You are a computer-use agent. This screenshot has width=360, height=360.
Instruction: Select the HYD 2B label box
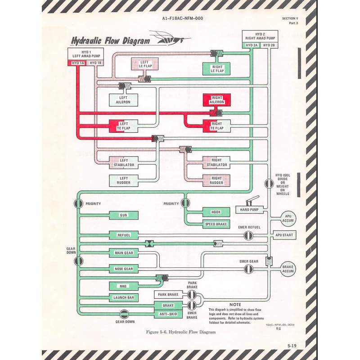click(x=269, y=45)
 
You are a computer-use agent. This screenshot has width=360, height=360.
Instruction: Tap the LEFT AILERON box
click(x=123, y=100)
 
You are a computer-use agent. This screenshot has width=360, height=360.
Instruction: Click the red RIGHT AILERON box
click(x=217, y=99)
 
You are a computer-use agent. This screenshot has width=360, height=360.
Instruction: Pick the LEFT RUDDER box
click(x=123, y=180)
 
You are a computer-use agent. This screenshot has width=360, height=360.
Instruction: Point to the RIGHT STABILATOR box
click(x=216, y=162)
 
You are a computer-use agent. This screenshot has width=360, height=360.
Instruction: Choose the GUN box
click(x=123, y=216)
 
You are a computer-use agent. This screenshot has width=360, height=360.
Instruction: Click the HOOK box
click(x=216, y=212)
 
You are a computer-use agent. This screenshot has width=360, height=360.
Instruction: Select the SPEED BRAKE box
click(x=216, y=224)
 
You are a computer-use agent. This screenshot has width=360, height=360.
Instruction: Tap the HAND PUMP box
click(x=249, y=210)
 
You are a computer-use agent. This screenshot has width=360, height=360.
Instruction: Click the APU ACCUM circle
click(x=288, y=219)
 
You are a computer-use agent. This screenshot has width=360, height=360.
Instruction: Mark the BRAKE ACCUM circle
click(x=288, y=269)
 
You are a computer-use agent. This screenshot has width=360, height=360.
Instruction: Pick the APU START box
click(x=284, y=235)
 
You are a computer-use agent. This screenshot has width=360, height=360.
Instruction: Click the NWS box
click(x=123, y=286)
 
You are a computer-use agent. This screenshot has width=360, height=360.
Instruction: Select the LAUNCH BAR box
click(x=123, y=298)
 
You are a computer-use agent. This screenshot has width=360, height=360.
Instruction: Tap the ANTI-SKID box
click(x=167, y=315)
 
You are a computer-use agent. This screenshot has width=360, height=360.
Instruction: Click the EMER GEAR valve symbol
click(x=248, y=269)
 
